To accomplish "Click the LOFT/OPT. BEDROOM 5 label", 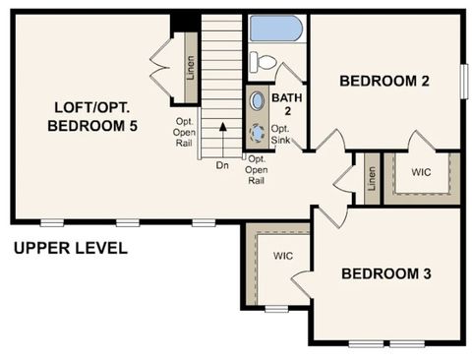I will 92,116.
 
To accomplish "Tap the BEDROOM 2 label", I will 384,82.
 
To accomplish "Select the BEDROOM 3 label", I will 386,273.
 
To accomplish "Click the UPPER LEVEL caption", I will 70,248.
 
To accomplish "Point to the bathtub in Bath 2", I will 276,28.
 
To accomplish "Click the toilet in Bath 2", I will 263,61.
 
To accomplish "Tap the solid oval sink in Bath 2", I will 257,100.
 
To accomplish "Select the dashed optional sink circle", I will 258,131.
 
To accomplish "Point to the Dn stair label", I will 222,165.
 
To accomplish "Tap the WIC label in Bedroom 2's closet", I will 421,172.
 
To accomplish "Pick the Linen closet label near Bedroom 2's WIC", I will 372,178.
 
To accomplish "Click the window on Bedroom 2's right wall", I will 463,80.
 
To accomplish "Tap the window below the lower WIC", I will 277,309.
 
